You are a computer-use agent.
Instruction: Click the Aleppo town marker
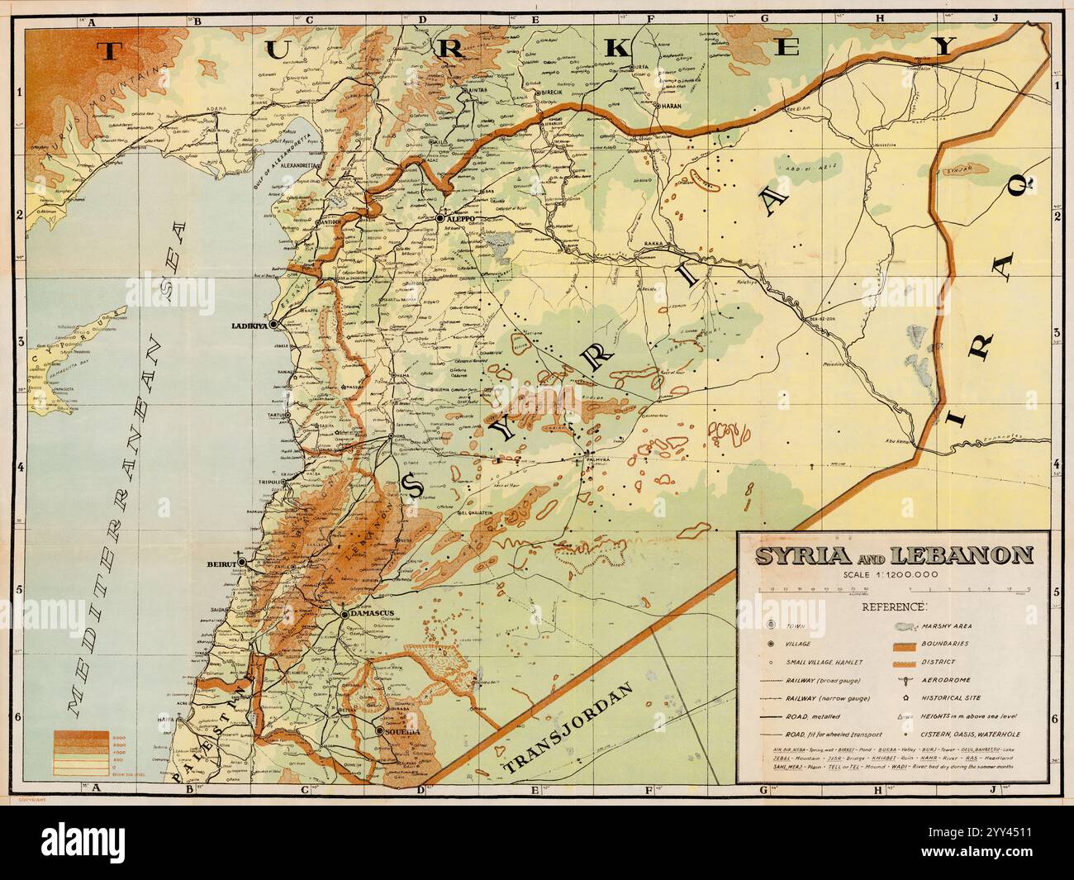point(440,218)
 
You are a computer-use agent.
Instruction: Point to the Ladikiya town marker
point(272,324)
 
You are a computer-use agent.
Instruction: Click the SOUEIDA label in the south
point(403,732)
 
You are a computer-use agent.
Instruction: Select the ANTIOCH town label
point(330,221)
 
